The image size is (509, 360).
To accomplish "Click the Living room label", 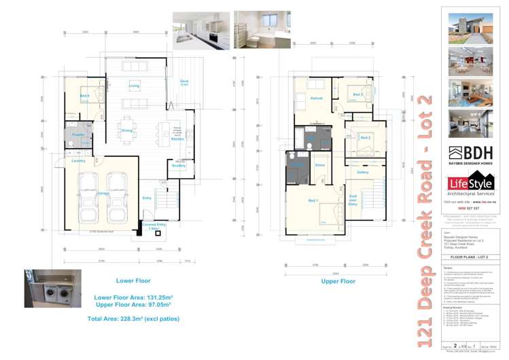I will (x=134, y=86).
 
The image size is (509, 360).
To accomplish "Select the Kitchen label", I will (x=177, y=139).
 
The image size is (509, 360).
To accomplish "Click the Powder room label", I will (x=77, y=135).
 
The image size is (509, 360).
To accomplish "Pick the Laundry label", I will (x=77, y=161).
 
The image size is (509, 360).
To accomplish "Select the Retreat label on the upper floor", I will (x=316, y=99).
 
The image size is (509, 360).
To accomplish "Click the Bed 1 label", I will (x=313, y=200).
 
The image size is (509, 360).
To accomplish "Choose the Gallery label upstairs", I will (x=362, y=172).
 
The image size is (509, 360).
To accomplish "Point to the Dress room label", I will (x=319, y=165).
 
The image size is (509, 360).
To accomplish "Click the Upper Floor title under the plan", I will (x=338, y=281).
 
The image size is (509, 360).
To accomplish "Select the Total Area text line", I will (x=130, y=318).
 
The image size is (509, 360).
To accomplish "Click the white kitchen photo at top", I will (x=201, y=30).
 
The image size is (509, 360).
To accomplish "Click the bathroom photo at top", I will (x=262, y=29).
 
